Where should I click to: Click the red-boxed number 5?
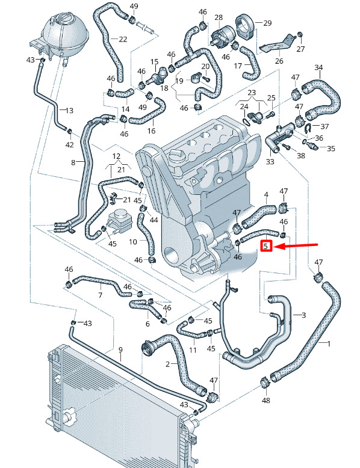coord(266,246)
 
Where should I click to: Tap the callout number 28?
coord(219,17)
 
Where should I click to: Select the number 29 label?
coord(267,23)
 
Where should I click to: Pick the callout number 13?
coord(69,111)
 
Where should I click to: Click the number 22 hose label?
coord(123,39)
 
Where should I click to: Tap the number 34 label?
coord(319,67)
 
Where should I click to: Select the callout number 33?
coord(270,161)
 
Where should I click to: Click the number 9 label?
coord(120,349)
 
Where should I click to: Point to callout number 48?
coord(265,399)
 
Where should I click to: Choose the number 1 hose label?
coord(329,343)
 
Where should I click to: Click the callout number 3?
coord(303,315)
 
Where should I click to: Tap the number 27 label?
coord(300,49)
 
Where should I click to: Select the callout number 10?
coord(133,241)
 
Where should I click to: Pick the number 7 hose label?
coord(101,295)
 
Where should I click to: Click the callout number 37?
coord(324,126)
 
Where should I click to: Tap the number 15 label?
coord(154,62)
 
